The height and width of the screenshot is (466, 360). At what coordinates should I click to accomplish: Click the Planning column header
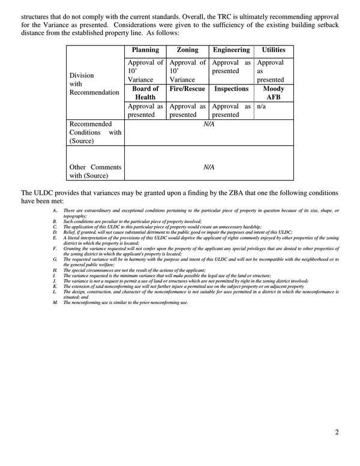(145, 50)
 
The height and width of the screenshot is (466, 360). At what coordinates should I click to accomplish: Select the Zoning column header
(187, 50)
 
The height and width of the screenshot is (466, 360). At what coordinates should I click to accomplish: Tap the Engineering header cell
(231, 50)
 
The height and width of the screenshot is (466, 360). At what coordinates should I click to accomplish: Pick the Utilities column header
(273, 50)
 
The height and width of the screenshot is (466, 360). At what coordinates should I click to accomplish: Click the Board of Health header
(145, 93)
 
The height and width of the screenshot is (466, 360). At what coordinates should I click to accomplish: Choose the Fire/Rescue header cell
(187, 89)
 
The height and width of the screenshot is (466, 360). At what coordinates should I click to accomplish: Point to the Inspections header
(231, 89)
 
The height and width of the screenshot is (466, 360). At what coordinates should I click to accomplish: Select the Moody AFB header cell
(273, 93)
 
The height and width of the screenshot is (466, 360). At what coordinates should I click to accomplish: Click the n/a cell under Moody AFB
(262, 106)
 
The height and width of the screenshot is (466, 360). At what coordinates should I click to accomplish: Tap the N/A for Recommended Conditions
(208, 124)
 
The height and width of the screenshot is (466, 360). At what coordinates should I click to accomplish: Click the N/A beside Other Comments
(208, 167)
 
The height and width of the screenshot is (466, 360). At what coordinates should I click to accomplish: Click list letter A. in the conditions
(55, 211)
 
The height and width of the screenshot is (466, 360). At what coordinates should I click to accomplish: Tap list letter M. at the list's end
(55, 302)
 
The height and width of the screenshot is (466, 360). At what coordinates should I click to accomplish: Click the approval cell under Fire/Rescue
(187, 110)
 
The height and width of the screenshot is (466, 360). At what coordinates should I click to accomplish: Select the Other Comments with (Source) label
(95, 171)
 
